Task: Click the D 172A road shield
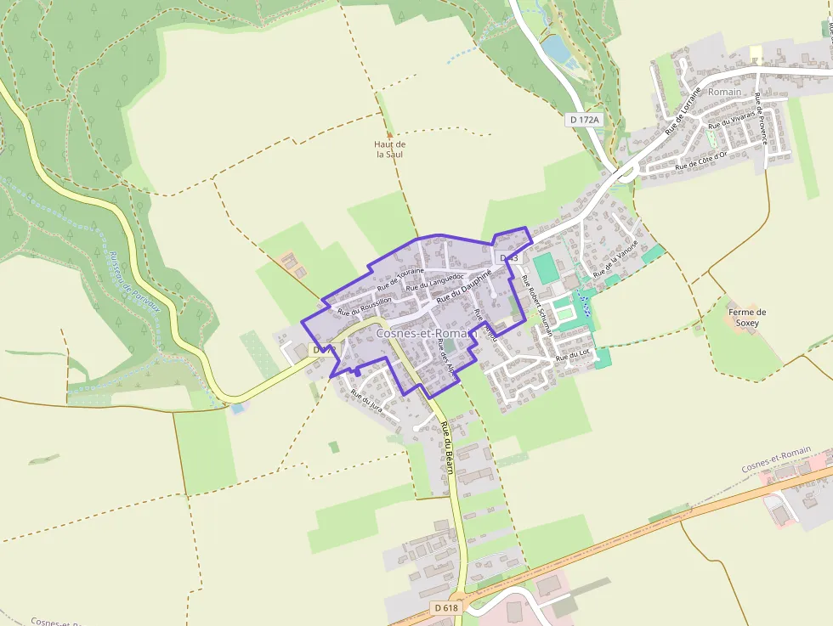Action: (584, 120)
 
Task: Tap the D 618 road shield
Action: (445, 607)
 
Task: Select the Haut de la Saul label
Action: (390, 149)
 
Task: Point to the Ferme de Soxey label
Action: (747, 318)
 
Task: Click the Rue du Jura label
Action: (367, 399)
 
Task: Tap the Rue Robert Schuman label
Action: (537, 305)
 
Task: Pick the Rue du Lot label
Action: (572, 356)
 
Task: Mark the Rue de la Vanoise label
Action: (615, 259)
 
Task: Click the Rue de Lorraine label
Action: (683, 110)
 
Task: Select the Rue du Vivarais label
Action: (731, 120)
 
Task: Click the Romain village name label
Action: (724, 92)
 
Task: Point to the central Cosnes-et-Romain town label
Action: (424, 334)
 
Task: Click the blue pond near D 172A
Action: (557, 48)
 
